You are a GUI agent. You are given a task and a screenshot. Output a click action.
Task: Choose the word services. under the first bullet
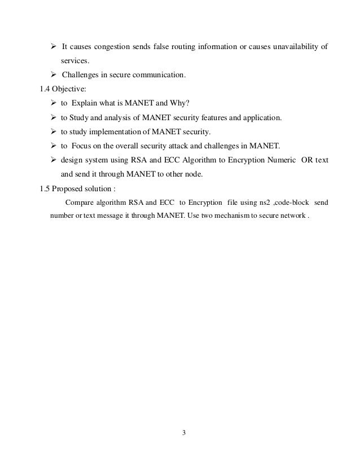75,60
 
